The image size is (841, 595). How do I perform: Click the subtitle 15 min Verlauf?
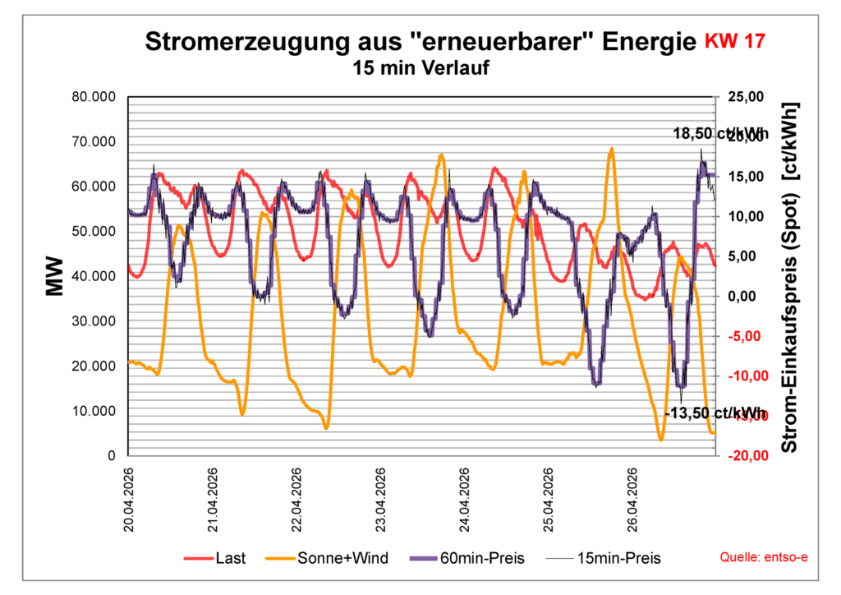click(x=420, y=68)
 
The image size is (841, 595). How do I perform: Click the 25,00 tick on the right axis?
click(x=747, y=97)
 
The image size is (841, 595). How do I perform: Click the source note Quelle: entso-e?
click(x=764, y=558)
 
